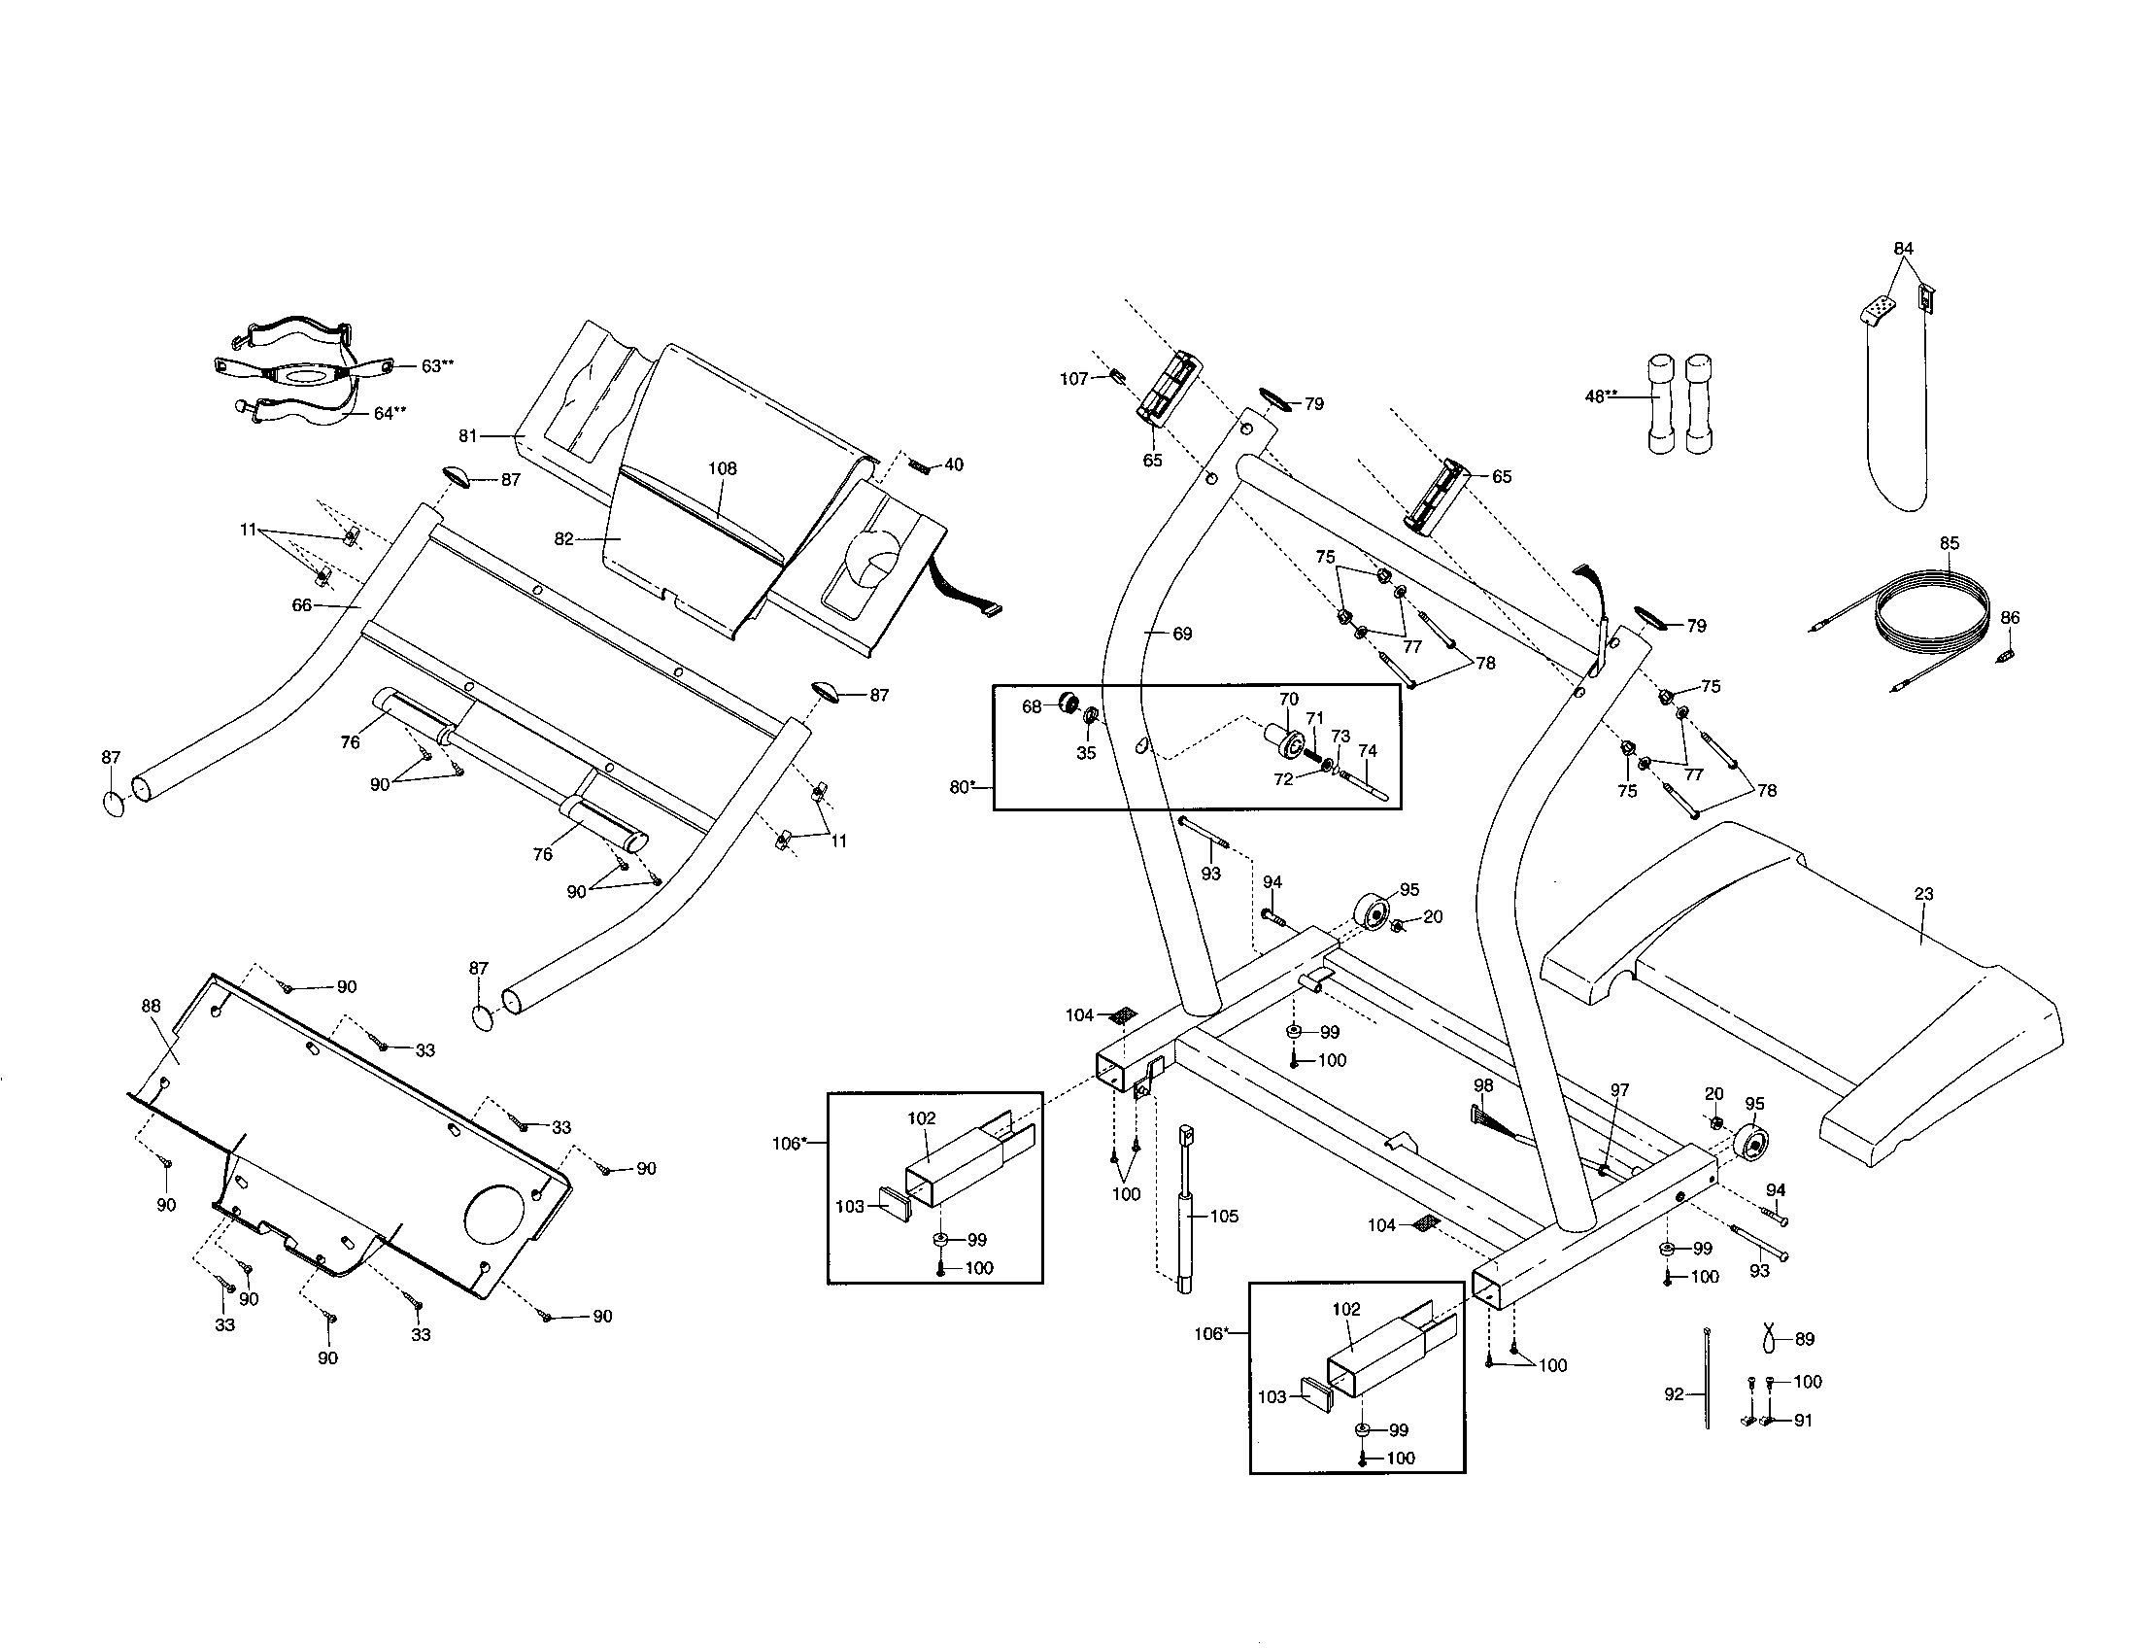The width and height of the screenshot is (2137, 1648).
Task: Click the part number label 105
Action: coord(1224,1217)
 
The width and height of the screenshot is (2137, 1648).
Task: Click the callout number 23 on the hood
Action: coord(1923,894)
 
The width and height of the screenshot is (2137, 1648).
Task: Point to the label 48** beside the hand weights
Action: coord(1601,396)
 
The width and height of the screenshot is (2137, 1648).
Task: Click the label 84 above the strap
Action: coord(1903,249)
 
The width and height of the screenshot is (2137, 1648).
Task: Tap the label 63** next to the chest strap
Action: coord(437,365)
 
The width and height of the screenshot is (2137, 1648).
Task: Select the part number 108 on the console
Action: coord(722,468)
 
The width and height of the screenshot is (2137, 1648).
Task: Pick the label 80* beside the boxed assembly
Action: coord(963,787)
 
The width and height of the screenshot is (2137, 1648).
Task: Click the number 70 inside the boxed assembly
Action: coord(1289,699)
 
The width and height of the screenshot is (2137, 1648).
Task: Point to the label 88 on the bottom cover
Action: coord(151,1006)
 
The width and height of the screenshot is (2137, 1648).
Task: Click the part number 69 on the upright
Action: coord(1182,635)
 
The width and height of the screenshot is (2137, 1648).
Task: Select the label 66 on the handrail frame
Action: coord(301,605)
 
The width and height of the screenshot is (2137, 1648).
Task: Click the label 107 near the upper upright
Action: coord(1073,379)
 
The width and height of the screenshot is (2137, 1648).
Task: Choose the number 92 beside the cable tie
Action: coord(1675,1393)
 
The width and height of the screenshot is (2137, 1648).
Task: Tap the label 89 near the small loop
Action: coord(1805,1339)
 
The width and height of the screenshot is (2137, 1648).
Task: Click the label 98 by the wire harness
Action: coord(1483,1085)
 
